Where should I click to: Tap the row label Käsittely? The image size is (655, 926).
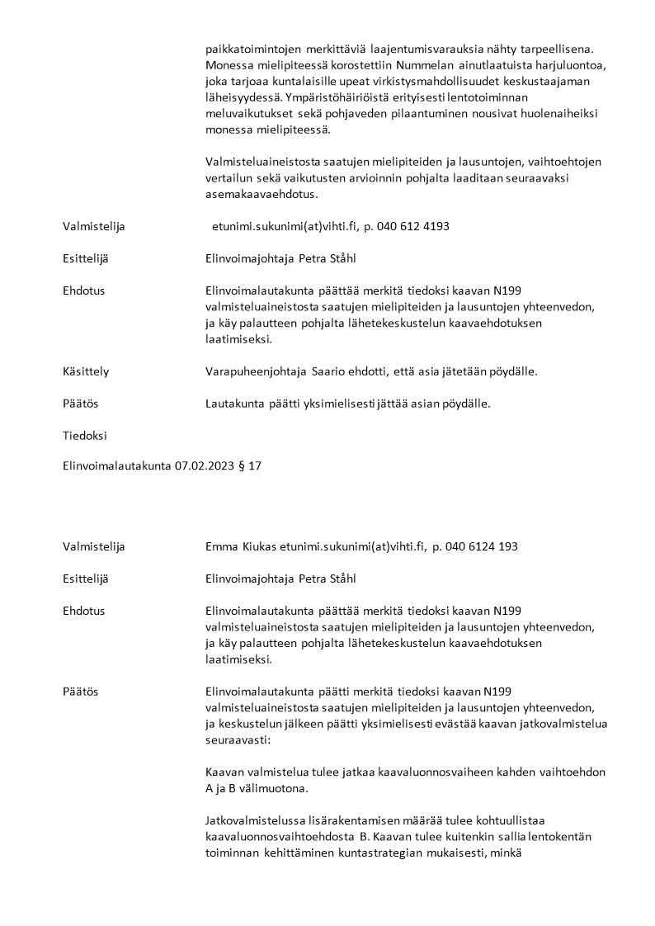(x=86, y=371)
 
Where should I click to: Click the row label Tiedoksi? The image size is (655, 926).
(x=84, y=435)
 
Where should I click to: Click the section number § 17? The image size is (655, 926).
(x=251, y=466)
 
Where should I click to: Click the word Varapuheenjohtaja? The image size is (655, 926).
(x=256, y=371)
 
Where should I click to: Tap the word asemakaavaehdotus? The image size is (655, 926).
(x=261, y=194)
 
